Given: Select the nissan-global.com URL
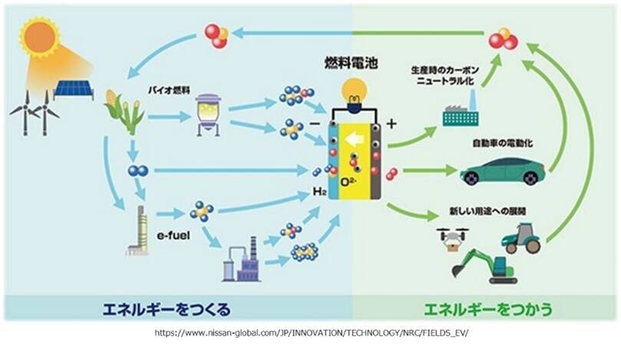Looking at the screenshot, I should click(x=310, y=335).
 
